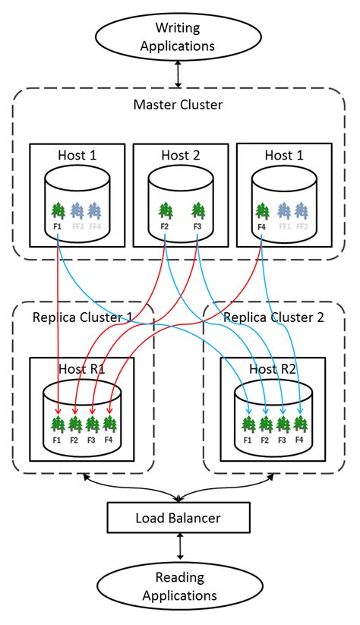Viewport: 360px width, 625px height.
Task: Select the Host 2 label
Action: point(180,156)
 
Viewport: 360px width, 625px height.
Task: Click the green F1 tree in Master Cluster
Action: point(58,210)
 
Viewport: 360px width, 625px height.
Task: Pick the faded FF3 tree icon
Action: point(77,210)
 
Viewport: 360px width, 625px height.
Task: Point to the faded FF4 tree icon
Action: point(94,210)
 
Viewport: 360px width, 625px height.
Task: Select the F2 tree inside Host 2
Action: point(165,210)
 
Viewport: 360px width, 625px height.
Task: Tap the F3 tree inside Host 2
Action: point(197,210)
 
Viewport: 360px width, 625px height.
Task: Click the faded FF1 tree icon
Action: point(284,210)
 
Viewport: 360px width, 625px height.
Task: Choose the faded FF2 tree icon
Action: point(302,210)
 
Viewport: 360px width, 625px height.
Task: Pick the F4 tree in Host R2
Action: point(299,424)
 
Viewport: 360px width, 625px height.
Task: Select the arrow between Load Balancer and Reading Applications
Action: point(180,548)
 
